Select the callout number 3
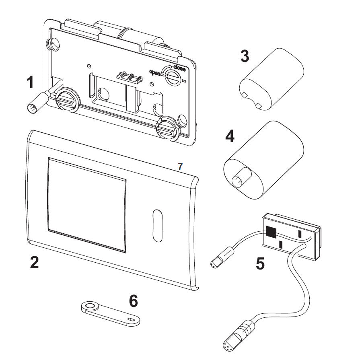pos(245,56)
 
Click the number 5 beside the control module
pos(261,263)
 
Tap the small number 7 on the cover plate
pos(180,165)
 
